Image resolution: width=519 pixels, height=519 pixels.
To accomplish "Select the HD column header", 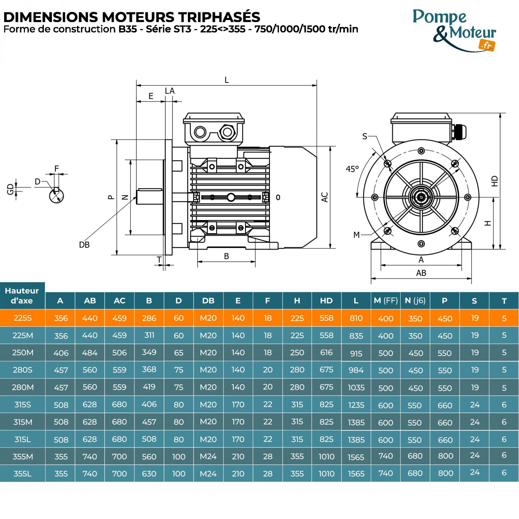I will (326, 301).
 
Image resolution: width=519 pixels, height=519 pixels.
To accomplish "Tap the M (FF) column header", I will (385, 301).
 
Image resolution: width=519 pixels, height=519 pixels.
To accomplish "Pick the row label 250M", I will (23, 353).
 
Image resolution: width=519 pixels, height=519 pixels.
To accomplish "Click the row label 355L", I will (23, 474).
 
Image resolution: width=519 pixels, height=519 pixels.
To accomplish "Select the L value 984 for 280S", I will (356, 370).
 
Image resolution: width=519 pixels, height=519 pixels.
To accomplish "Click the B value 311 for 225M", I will (149, 335).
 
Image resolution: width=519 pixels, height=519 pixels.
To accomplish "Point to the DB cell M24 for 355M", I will (208, 456).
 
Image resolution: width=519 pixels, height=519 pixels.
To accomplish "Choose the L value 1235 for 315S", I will (356, 405).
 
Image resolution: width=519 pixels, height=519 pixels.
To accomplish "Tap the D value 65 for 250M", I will (179, 353).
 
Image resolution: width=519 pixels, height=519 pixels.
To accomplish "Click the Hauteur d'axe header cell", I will (22, 295).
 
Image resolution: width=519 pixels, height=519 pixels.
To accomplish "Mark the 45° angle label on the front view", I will (352, 169).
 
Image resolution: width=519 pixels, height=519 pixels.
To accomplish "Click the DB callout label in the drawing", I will (84, 245).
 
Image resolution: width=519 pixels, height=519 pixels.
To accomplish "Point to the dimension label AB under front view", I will (421, 273).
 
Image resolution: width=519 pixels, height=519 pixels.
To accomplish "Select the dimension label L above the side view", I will (227, 80).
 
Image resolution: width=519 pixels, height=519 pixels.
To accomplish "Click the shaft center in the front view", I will (421, 198).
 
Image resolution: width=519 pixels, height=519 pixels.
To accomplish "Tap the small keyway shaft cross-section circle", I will (56, 196).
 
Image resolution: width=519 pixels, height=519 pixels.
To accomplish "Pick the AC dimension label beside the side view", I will (325, 197).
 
